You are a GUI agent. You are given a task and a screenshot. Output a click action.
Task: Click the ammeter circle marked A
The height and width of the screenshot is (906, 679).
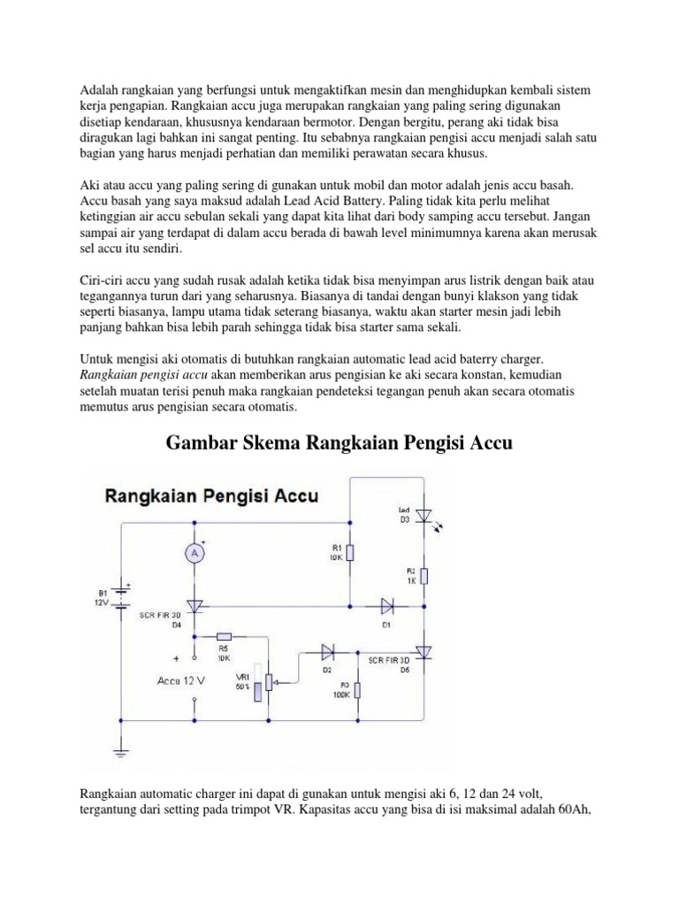point(195,553)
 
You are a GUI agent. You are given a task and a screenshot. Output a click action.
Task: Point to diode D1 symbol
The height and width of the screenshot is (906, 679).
point(387,606)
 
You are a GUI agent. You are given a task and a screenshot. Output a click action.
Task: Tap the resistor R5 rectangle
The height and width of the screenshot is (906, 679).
point(224,636)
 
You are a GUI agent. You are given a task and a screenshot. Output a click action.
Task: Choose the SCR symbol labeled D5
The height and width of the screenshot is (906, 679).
point(423,653)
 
